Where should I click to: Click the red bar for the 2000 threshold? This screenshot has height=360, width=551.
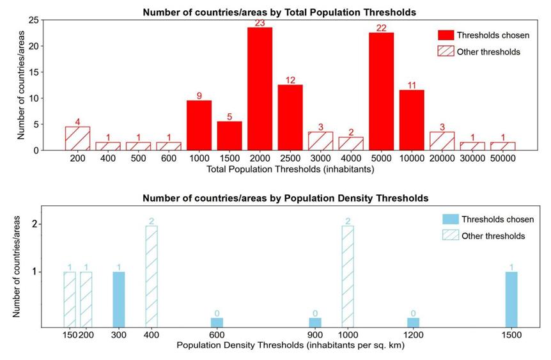tap(260, 89)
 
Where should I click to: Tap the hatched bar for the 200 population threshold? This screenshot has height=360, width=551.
tap(77, 138)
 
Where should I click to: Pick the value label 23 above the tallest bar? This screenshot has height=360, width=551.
tap(260, 23)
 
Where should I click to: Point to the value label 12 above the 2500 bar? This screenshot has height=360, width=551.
tap(290, 80)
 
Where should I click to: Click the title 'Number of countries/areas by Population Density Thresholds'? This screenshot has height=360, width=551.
tap(285, 198)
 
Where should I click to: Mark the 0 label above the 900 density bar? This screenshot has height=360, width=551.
tap(315, 313)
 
